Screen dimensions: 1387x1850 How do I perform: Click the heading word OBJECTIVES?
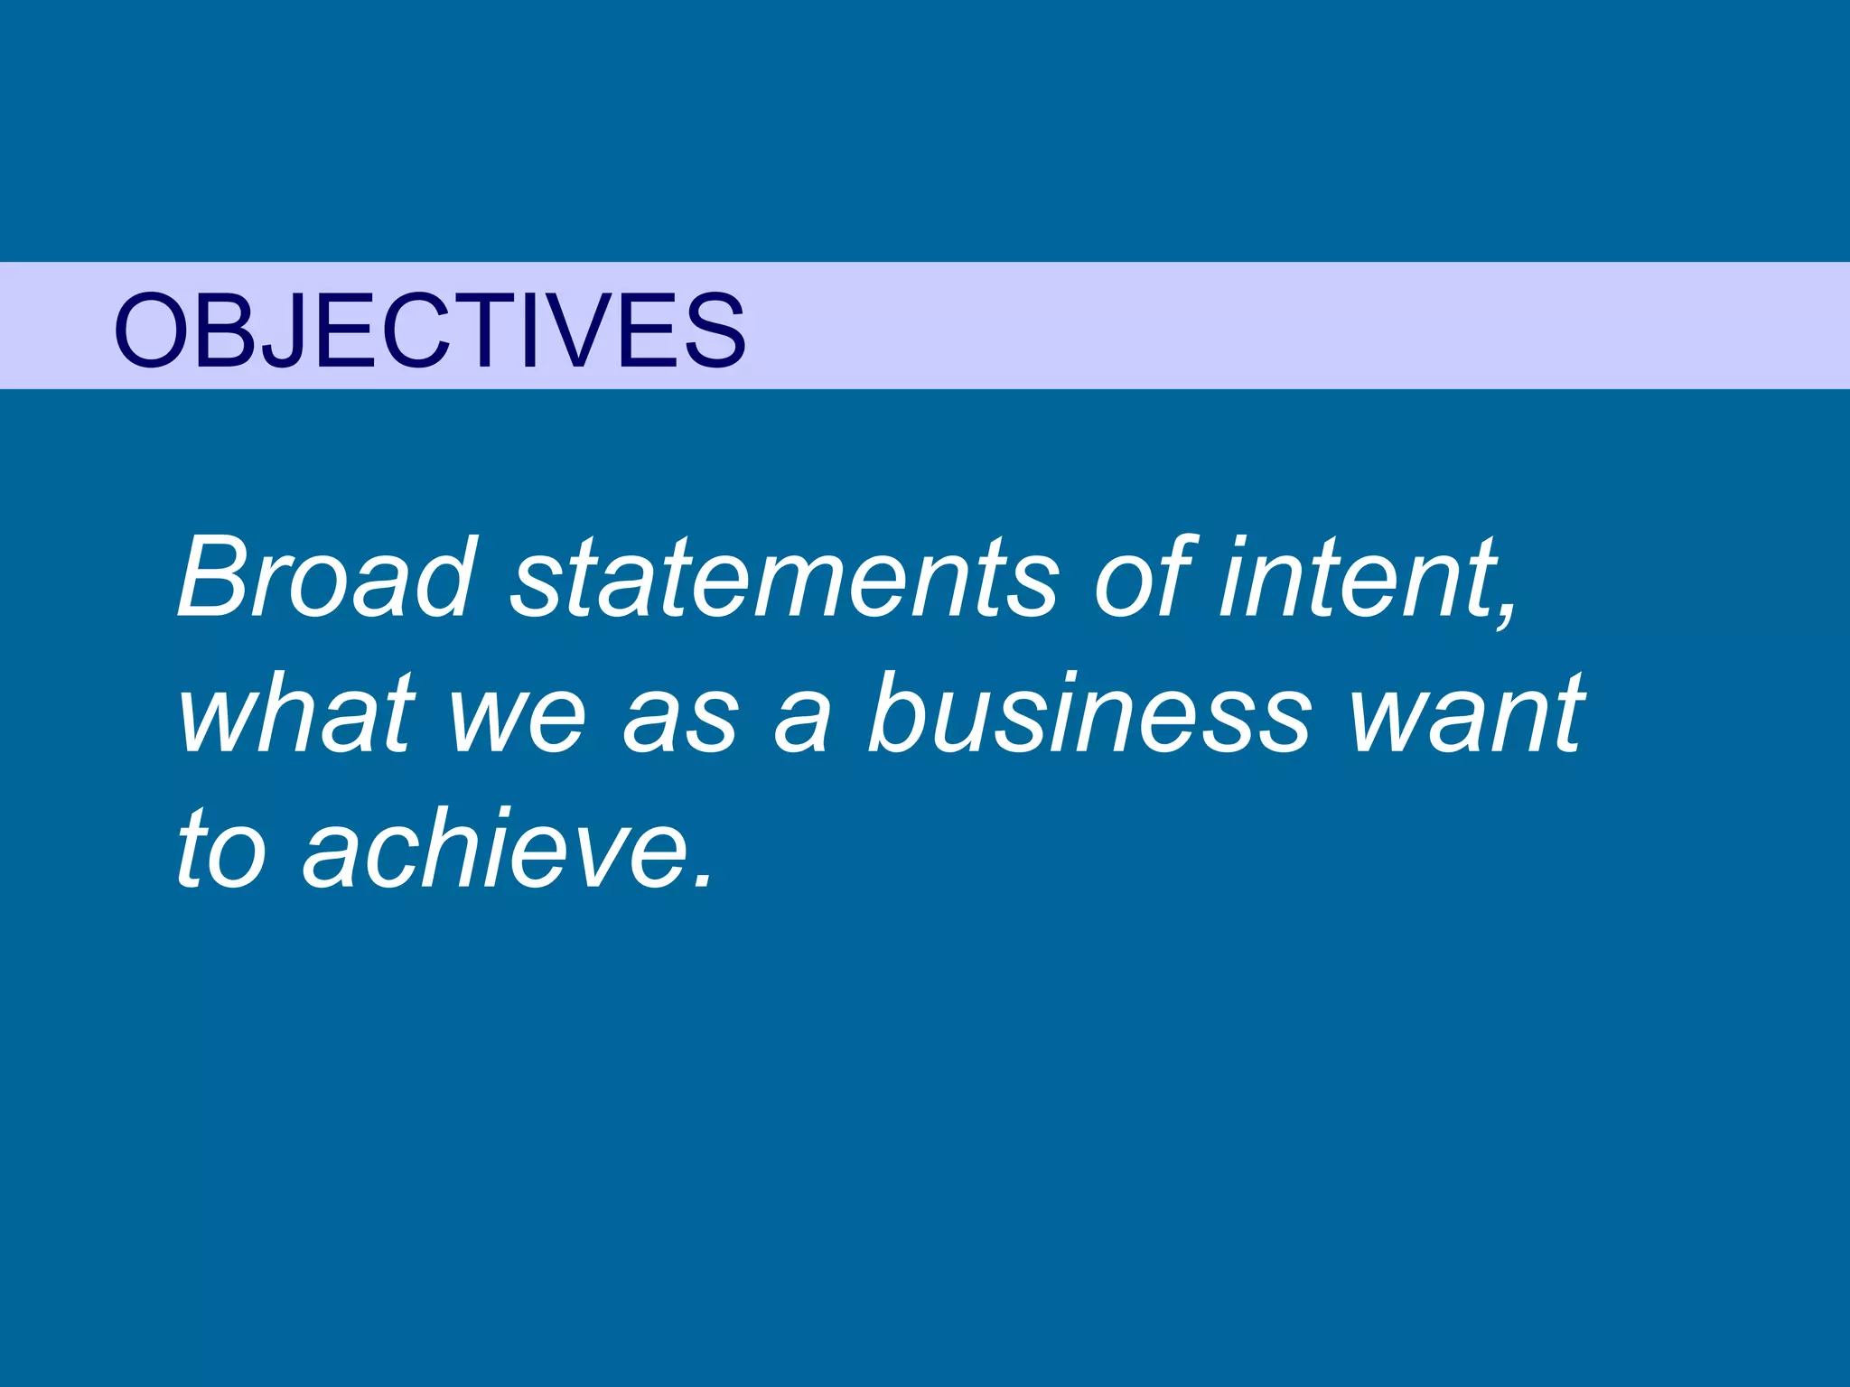tap(430, 330)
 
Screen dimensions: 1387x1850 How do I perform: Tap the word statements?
tap(784, 578)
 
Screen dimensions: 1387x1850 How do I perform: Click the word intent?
tap(1355, 578)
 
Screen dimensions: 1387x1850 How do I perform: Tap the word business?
tap(1089, 713)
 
